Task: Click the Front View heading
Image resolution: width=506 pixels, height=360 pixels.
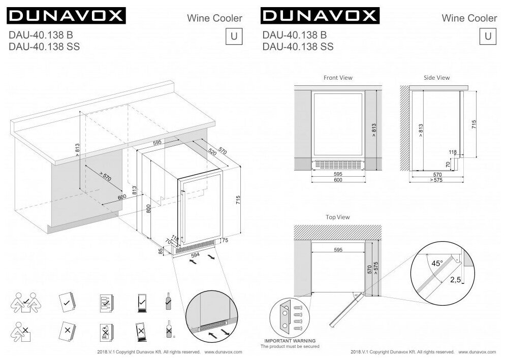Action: click(338, 78)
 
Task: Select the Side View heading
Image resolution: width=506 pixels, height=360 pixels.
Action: click(436, 78)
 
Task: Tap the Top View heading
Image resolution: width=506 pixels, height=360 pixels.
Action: click(337, 217)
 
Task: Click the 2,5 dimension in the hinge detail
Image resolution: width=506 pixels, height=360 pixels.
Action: click(455, 280)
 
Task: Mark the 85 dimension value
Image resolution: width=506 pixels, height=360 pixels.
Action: click(161, 250)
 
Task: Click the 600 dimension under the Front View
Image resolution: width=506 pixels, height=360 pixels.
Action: click(337, 180)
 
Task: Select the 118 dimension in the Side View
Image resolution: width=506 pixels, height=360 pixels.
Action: click(453, 152)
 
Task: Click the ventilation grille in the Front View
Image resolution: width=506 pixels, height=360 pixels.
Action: click(337, 164)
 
